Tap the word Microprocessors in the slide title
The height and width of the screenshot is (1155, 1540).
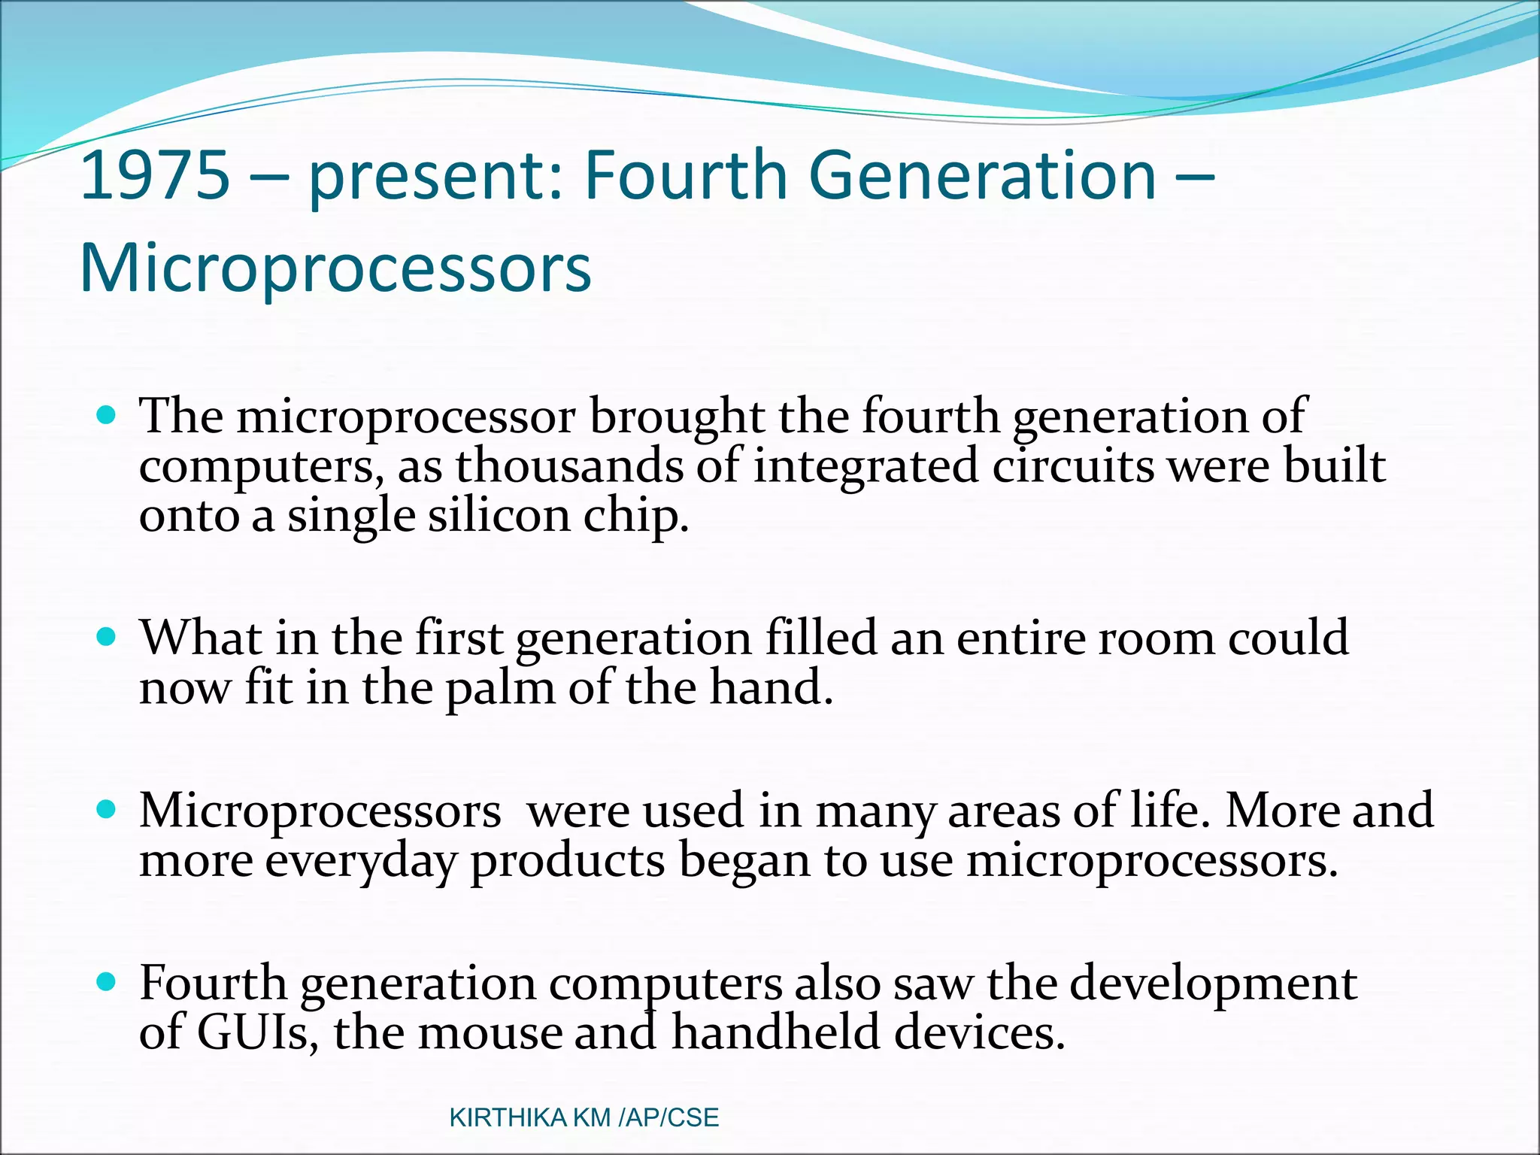pyautogui.click(x=335, y=268)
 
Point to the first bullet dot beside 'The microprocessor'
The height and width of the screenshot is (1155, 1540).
pyautogui.click(x=108, y=414)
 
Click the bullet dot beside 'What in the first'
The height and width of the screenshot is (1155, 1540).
pyautogui.click(x=108, y=637)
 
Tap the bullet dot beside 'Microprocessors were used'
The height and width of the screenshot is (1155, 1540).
pyautogui.click(x=108, y=809)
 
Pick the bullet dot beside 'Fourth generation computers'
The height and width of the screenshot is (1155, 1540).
pyautogui.click(x=108, y=981)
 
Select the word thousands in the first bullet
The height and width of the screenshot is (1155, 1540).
pyautogui.click(x=569, y=466)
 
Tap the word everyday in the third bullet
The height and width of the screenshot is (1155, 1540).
pyautogui.click(x=361, y=861)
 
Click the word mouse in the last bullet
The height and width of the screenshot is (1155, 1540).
pyautogui.click(x=490, y=1032)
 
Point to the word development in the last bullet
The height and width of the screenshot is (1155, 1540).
pyautogui.click(x=1213, y=984)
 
